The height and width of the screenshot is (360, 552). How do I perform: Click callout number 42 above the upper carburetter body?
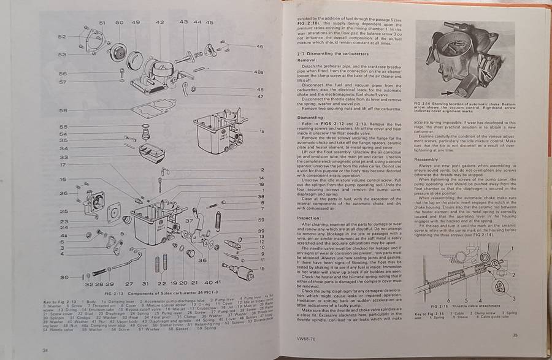tap(159, 22)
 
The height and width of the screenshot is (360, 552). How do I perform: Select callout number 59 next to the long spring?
tap(261, 219)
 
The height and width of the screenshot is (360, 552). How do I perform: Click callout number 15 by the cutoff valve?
tap(261, 268)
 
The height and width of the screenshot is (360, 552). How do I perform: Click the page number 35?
tap(515, 334)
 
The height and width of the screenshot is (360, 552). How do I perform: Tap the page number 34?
tap(45, 350)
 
